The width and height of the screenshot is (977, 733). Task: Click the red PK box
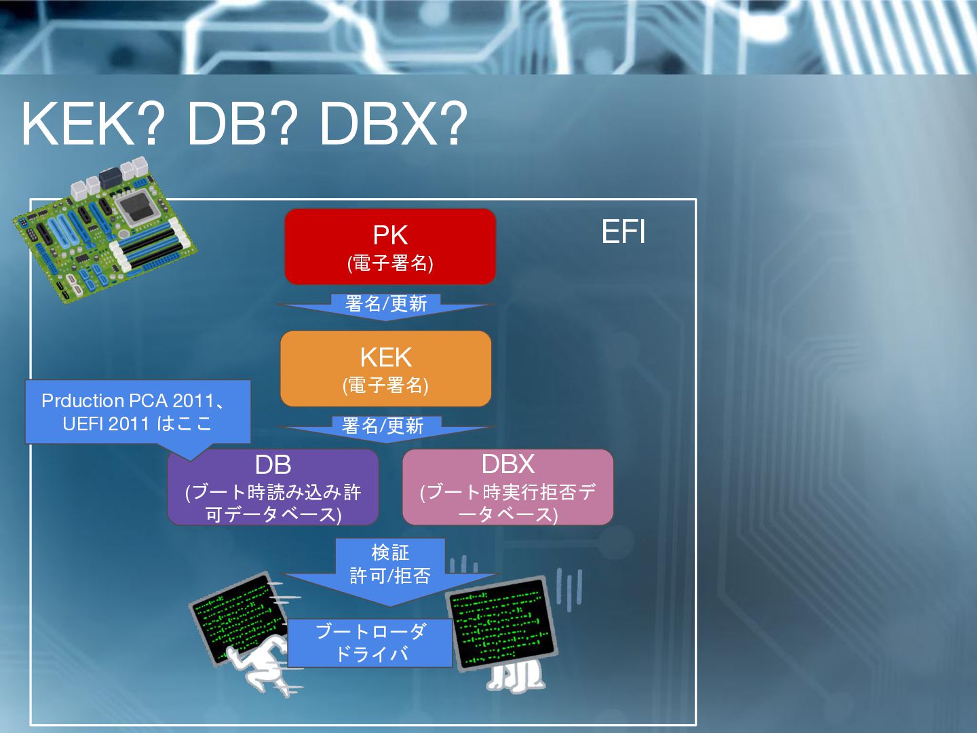(x=390, y=246)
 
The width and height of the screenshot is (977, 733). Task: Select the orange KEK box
(x=385, y=369)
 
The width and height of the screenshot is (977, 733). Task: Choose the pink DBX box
(x=507, y=487)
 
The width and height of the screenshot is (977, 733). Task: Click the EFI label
(x=623, y=232)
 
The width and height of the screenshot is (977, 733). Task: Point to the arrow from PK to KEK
(x=385, y=305)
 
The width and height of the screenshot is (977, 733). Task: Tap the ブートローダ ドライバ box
(x=370, y=643)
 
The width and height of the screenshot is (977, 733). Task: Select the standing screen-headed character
(x=505, y=631)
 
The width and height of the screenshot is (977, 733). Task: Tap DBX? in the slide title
(x=393, y=124)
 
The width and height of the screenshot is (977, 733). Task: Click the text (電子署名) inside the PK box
(x=390, y=263)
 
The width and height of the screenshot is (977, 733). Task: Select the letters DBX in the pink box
(x=507, y=464)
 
